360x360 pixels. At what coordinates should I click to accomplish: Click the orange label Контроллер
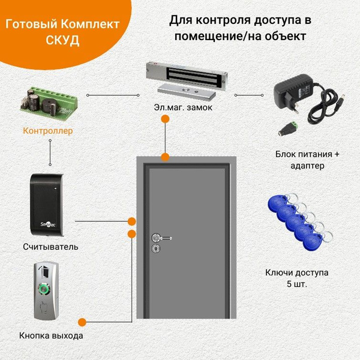click(47, 131)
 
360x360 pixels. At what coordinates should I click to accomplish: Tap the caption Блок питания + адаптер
click(307, 160)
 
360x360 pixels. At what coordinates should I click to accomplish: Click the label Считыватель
click(50, 247)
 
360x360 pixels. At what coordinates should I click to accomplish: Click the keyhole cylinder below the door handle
click(155, 248)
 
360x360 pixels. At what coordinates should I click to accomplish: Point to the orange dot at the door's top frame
click(165, 157)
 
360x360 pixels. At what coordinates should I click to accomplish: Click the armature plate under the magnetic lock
click(187, 92)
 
